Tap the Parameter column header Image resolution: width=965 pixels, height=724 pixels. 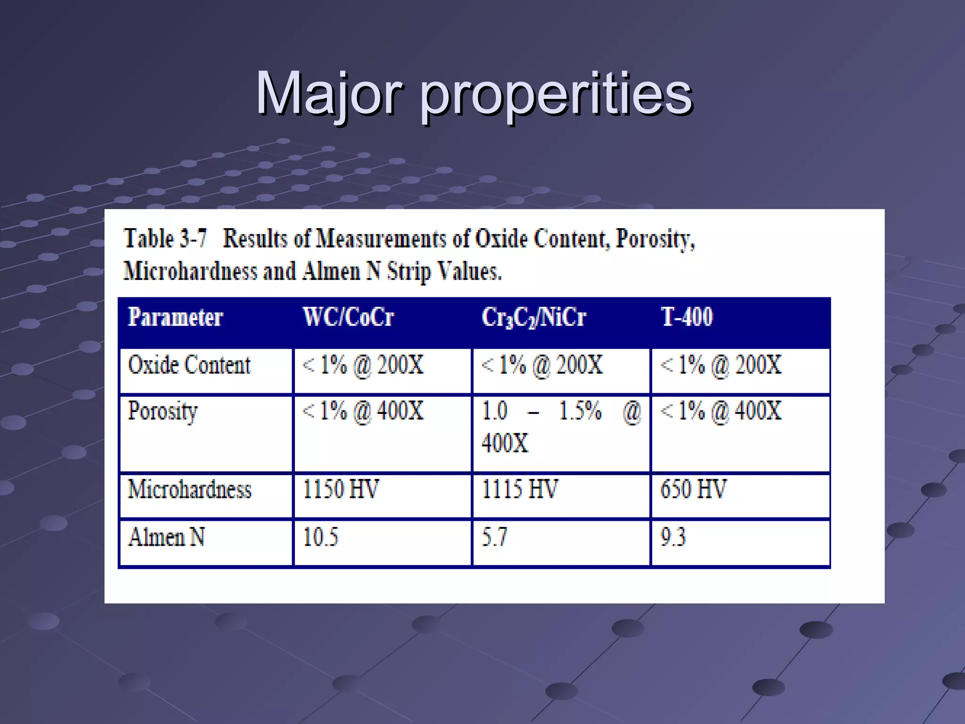tap(175, 317)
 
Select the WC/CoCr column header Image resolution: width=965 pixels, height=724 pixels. tap(348, 317)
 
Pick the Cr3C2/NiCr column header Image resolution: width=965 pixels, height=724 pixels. tap(533, 317)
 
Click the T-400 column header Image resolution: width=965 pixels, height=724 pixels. tap(687, 317)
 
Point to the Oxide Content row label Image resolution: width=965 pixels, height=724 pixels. tap(189, 365)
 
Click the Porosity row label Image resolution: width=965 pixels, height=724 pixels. tap(163, 411)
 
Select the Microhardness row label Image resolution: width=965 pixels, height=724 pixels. tap(189, 489)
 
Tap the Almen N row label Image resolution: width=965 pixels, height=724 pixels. tap(166, 537)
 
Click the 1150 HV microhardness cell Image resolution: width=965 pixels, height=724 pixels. tap(340, 489)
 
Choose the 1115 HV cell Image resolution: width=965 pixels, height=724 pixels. tap(519, 489)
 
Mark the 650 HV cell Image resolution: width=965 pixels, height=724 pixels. tap(693, 489)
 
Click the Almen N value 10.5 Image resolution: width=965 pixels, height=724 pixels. tap(320, 537)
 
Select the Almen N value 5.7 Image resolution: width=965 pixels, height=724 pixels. tap(494, 537)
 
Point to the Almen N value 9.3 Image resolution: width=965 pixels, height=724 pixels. tap(673, 537)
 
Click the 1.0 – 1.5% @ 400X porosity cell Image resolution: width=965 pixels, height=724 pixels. tap(561, 427)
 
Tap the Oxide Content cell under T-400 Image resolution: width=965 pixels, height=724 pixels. tap(721, 365)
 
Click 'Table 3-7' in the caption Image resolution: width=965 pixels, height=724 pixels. tap(165, 239)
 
